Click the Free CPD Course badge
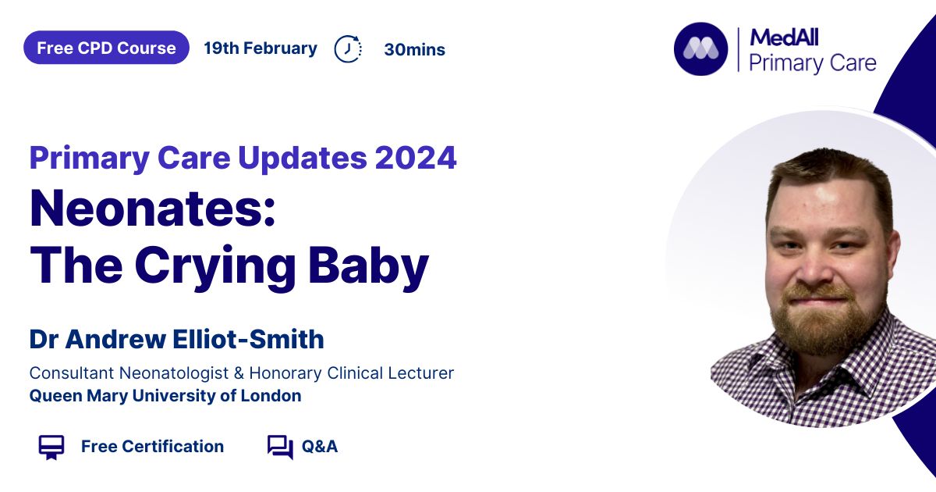coord(106,48)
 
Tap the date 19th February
coord(261,48)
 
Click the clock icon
coord(348,49)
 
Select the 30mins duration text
coord(414,49)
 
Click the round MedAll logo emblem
coord(700,49)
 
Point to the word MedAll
coord(784,37)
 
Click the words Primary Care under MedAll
coord(812,63)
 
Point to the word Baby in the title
coord(368,266)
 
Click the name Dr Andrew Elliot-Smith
coord(176,339)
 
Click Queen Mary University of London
coord(165,396)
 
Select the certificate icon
coord(51,447)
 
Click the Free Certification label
coord(153,447)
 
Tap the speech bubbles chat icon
coord(280,447)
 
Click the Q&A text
coord(320,447)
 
